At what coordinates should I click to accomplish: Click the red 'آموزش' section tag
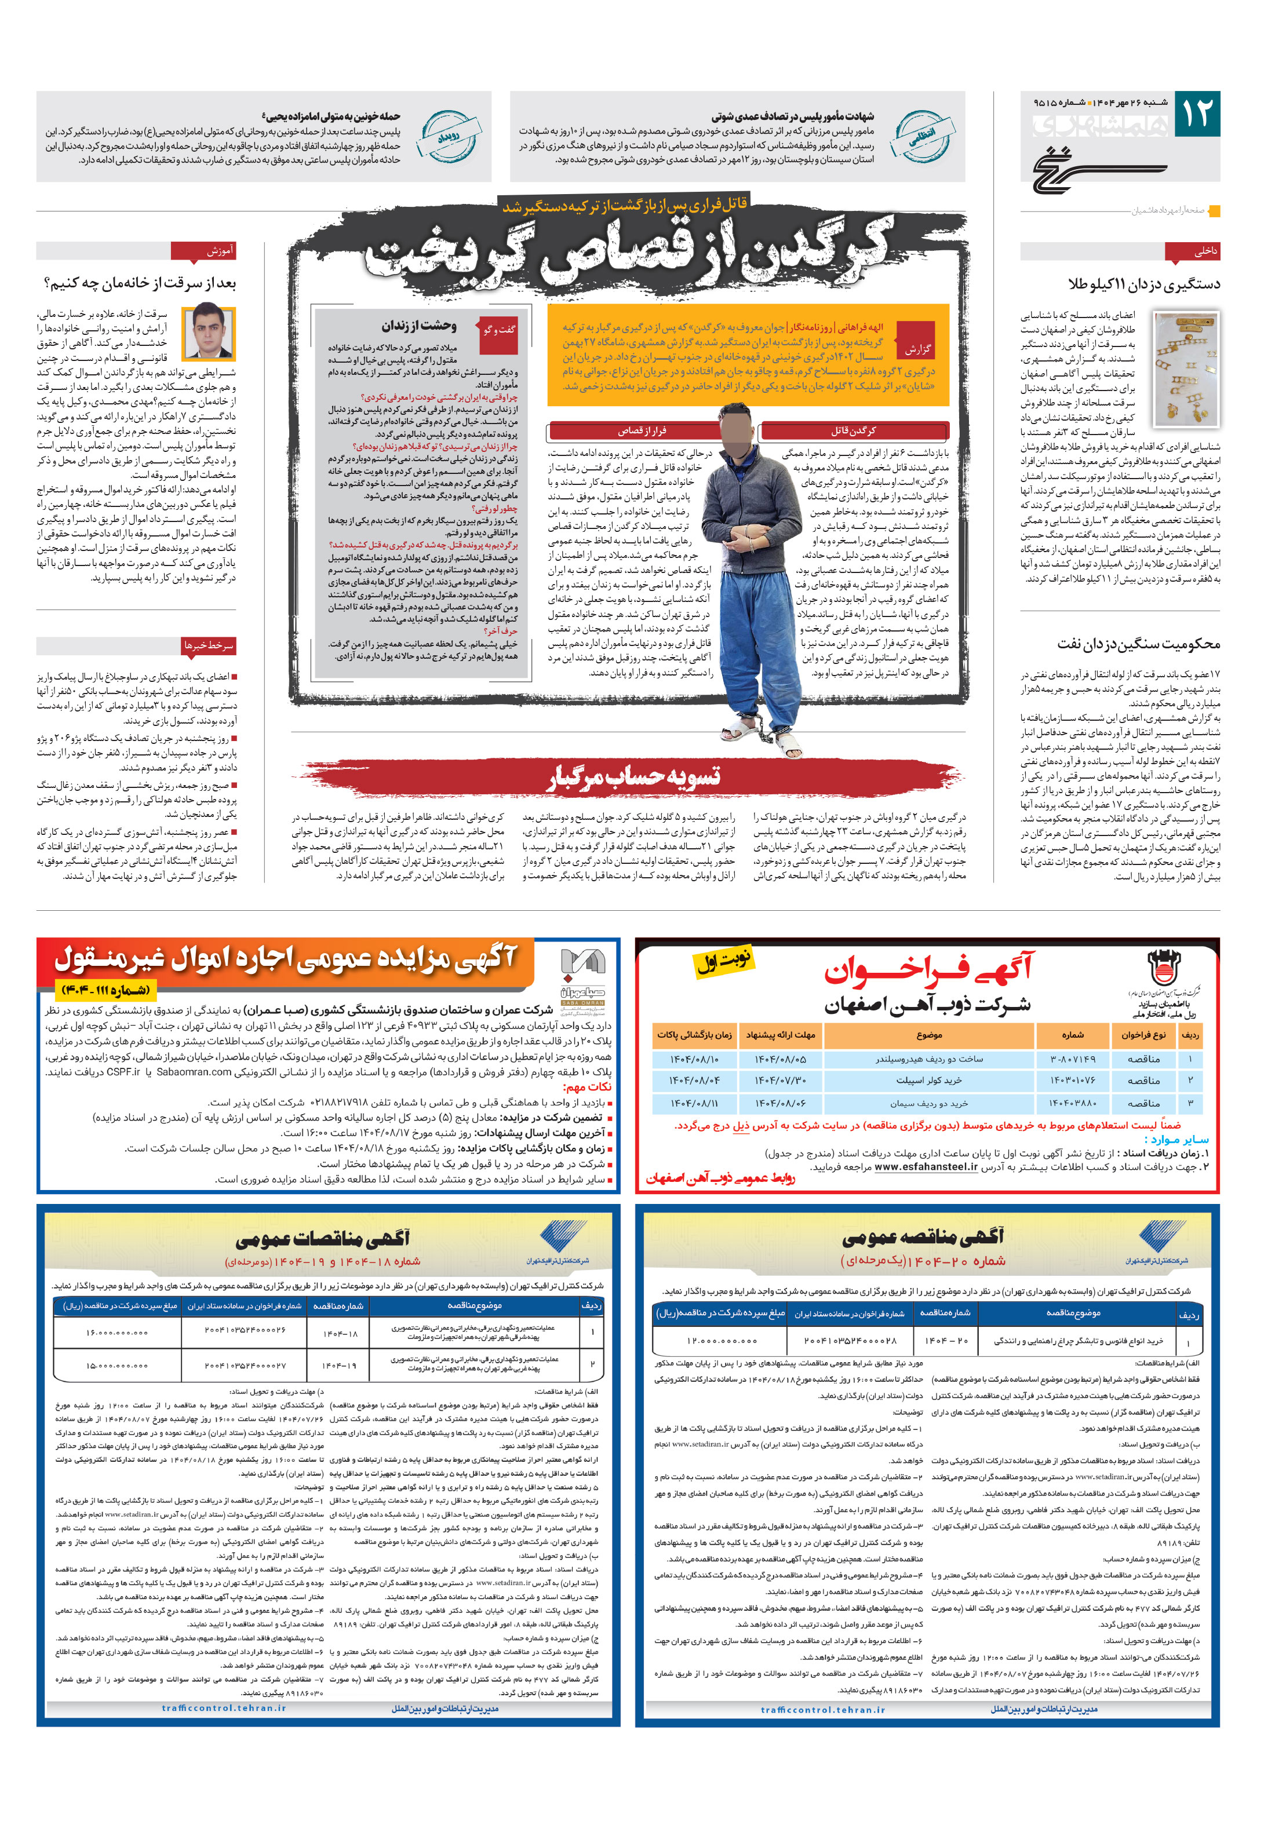pos(203,251)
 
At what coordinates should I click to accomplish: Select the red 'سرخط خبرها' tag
pos(209,645)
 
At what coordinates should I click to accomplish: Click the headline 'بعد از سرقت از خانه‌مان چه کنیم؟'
pos(140,283)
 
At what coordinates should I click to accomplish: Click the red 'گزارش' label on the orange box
pos(918,349)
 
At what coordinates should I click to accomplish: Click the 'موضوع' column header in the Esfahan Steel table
pos(929,1035)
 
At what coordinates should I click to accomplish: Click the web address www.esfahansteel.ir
pos(926,1167)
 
